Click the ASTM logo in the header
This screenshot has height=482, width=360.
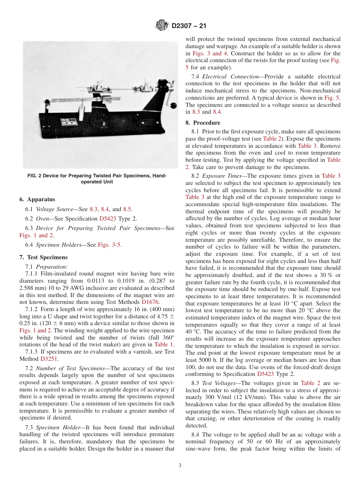(x=162, y=26)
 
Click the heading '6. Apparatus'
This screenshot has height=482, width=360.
(x=37, y=199)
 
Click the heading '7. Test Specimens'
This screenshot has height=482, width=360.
(x=43, y=257)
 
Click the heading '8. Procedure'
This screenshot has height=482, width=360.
(x=202, y=123)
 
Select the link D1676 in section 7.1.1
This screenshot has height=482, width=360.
(x=150, y=302)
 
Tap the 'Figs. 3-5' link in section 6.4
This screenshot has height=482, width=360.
(x=110, y=245)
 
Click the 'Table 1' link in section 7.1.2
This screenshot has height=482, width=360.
(x=164, y=344)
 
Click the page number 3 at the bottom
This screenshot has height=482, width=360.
(x=180, y=466)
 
